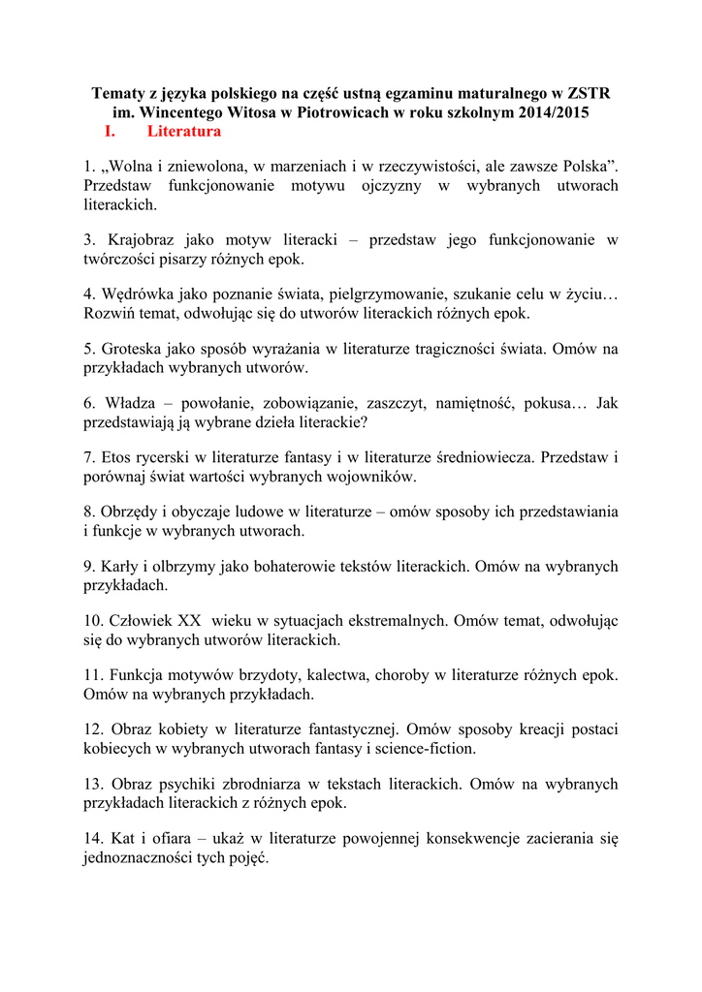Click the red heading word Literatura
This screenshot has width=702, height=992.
click(184, 131)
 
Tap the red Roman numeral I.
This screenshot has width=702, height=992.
click(109, 131)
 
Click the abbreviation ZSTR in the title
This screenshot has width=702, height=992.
click(590, 94)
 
